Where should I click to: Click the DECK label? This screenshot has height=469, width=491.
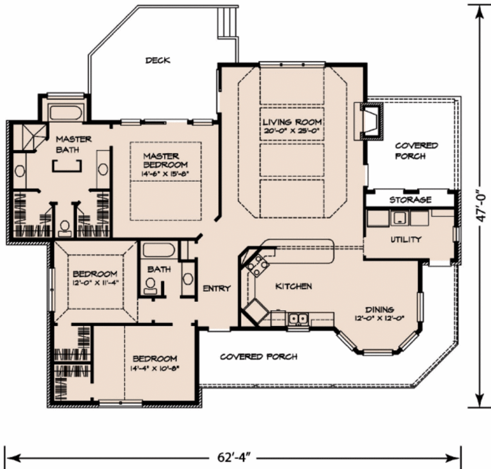(x=158, y=60)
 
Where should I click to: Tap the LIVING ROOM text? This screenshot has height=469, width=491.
(x=292, y=122)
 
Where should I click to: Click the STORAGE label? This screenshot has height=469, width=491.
(x=410, y=199)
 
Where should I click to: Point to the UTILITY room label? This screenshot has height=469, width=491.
(x=406, y=239)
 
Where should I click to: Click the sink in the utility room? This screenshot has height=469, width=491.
(x=398, y=218)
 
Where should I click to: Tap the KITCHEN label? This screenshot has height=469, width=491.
(x=293, y=286)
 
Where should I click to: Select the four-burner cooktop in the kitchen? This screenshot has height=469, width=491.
(x=257, y=266)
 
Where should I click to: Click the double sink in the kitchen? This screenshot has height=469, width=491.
(x=298, y=318)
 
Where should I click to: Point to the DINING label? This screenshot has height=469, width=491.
(x=379, y=309)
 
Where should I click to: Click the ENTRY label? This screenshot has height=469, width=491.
(x=217, y=288)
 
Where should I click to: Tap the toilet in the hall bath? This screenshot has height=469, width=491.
(x=151, y=285)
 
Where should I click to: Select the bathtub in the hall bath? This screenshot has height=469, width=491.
(x=159, y=251)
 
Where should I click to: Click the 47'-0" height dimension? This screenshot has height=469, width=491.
(x=481, y=206)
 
